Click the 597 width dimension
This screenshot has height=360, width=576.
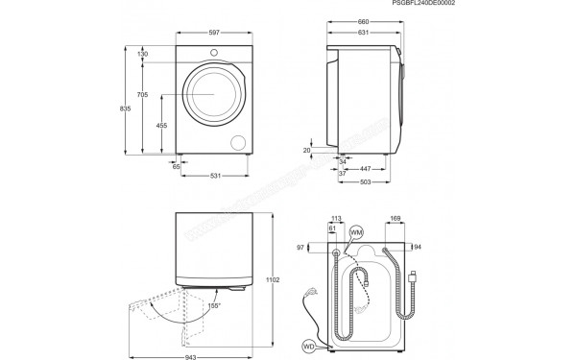tap(212, 34)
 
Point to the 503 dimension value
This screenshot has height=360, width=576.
tap(366, 182)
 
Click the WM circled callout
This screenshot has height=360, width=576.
tap(356, 232)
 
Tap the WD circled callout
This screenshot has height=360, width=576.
tap(309, 345)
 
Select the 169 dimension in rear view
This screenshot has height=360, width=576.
tap(395, 218)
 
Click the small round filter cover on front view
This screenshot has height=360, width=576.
tap(238, 142)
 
